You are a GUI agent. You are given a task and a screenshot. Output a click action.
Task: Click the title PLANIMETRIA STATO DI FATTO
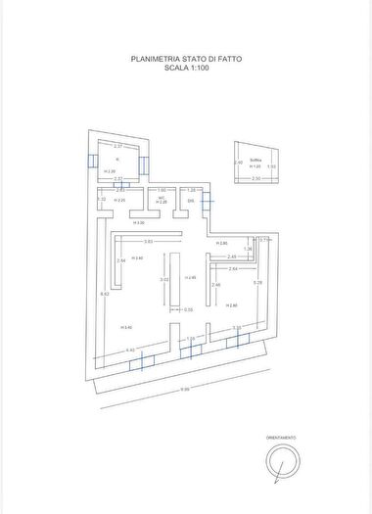click(186, 59)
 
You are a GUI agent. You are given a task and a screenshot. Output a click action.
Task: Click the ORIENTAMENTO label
click(280, 438)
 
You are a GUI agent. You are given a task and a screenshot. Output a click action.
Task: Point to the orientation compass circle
click(281, 461)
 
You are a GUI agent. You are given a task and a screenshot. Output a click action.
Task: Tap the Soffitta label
click(256, 160)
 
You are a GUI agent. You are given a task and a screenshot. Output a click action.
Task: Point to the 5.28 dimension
click(257, 283)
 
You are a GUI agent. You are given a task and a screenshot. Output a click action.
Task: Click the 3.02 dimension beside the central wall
click(163, 280)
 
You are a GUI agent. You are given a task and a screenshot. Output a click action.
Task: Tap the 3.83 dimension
click(148, 241)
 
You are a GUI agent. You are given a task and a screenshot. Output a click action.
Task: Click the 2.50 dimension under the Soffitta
click(256, 179)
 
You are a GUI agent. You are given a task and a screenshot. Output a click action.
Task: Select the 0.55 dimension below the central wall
click(188, 309)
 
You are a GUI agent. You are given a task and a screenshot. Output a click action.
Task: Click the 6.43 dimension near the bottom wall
click(130, 350)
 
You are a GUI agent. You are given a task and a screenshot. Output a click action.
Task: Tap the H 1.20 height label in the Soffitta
click(255, 166)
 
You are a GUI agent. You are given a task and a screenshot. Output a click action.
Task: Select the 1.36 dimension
click(248, 250)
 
